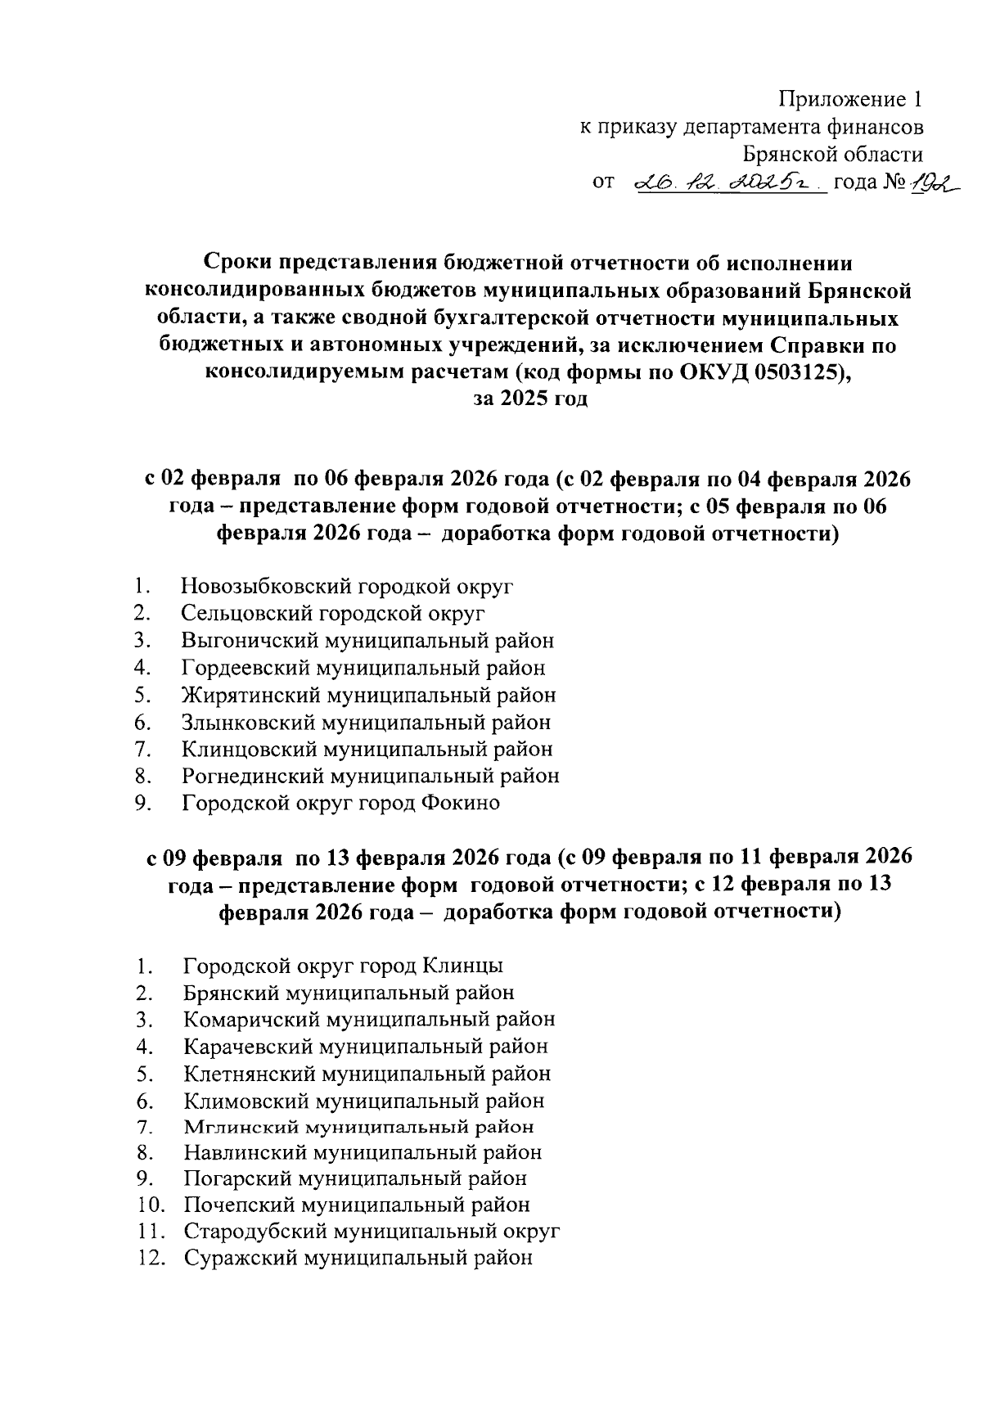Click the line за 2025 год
click(x=530, y=400)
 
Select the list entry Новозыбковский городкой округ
click(x=347, y=586)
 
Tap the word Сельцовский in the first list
click(x=246, y=613)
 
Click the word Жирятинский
click(x=250, y=695)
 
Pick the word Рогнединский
click(x=254, y=775)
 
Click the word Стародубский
click(x=255, y=1231)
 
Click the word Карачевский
click(x=249, y=1046)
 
